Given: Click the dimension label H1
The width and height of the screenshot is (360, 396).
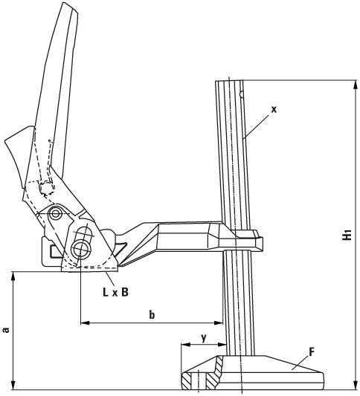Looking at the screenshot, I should coord(348,236).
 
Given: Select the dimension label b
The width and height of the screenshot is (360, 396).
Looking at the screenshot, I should coord(152,315).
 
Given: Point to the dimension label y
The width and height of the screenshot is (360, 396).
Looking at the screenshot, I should coord(204,337).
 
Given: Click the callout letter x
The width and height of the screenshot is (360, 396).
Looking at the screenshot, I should coord(273,109).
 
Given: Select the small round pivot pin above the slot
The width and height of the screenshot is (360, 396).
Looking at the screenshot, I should coord(54,214).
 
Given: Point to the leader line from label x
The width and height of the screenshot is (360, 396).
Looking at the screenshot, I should coord(257,123).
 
